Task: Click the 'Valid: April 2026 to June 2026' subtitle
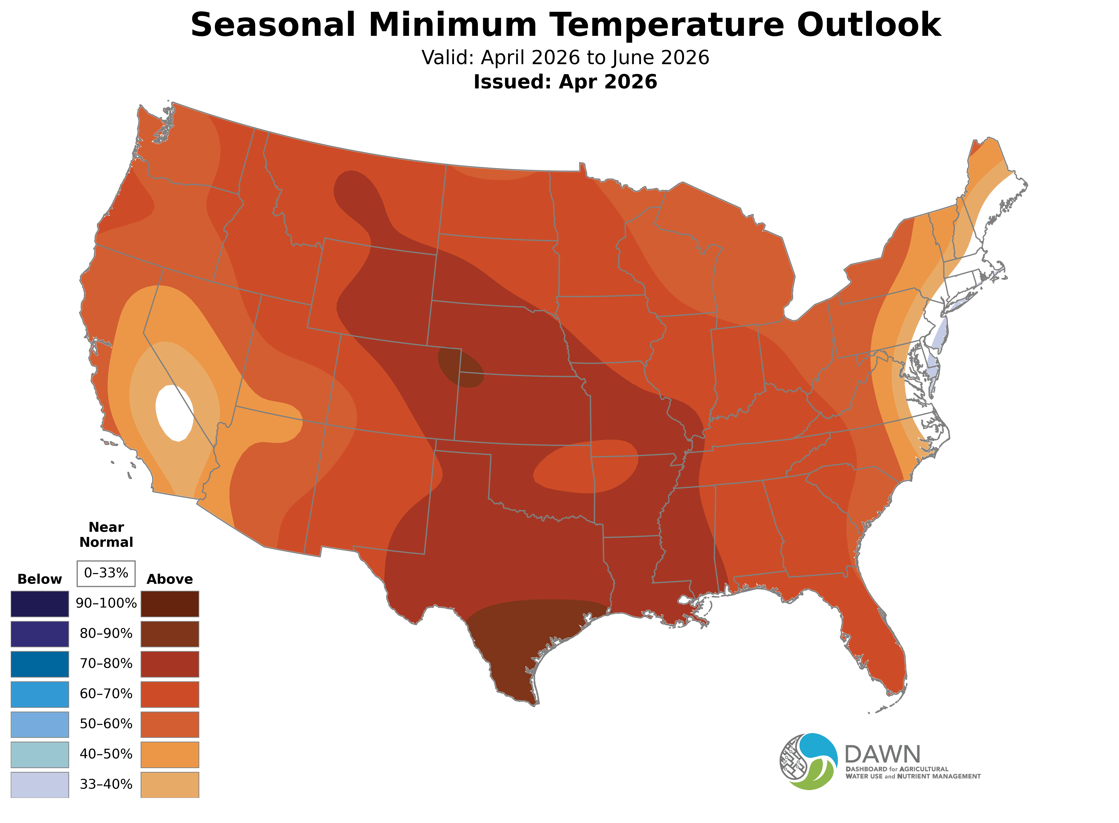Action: [565, 58]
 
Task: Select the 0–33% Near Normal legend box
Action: [106, 573]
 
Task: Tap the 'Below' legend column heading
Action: [40, 579]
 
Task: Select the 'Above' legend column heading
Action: [170, 579]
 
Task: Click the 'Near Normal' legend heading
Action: [106, 535]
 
